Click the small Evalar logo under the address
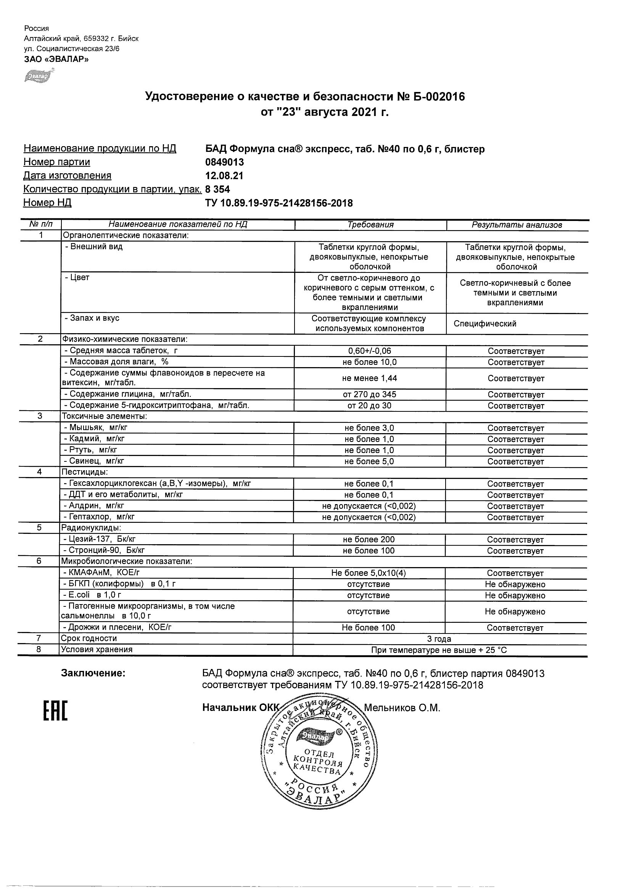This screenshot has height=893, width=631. (38, 76)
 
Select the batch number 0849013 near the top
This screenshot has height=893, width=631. (224, 162)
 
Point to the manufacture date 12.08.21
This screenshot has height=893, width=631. (224, 176)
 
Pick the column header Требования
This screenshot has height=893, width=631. (370, 225)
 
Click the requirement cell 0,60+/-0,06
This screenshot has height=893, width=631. (369, 351)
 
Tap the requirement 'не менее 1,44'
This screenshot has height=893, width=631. (369, 378)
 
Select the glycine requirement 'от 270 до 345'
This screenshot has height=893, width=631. (369, 394)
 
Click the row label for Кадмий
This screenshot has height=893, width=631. (95, 439)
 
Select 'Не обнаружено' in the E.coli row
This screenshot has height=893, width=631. (515, 595)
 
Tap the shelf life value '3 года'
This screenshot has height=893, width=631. (439, 638)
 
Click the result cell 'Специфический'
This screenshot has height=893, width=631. (485, 324)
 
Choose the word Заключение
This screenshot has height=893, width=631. (93, 673)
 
